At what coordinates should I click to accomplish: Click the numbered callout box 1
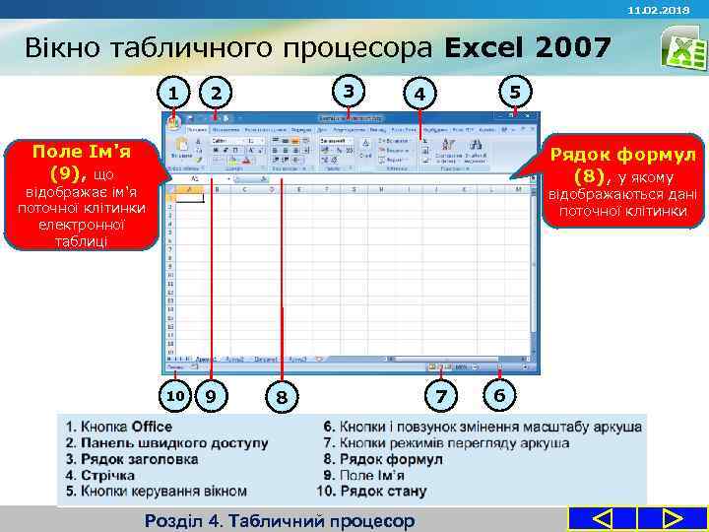tap(174, 94)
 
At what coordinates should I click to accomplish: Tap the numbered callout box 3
tap(347, 92)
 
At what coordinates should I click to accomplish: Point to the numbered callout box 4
tap(419, 94)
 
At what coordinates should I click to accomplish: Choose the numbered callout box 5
tap(512, 92)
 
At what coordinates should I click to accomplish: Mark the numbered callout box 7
tap(440, 395)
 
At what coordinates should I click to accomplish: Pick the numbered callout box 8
tap(283, 396)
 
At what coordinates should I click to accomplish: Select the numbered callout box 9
tap(211, 396)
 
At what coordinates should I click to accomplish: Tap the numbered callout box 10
tap(174, 396)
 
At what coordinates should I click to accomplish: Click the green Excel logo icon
tap(679, 46)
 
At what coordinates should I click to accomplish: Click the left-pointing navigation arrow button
tap(603, 518)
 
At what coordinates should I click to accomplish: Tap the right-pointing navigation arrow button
tap(673, 518)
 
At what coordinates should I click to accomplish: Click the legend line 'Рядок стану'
tap(371, 491)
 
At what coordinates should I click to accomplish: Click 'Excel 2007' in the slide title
tap(528, 47)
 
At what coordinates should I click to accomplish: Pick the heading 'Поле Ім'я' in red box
tap(82, 152)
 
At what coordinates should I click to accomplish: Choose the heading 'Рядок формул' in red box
tap(622, 155)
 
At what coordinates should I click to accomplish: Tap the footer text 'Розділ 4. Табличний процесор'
tap(280, 520)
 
